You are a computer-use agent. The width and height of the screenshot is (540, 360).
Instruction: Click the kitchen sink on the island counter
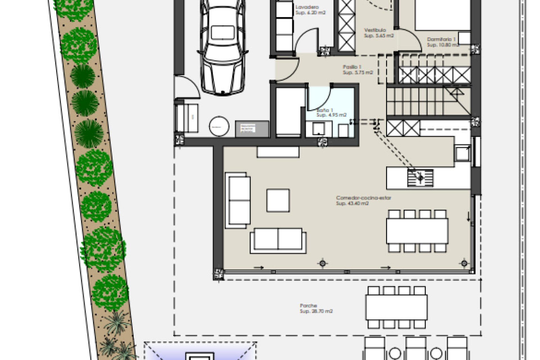[x=420, y=178]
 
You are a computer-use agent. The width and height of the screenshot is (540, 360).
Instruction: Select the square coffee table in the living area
[x=278, y=200]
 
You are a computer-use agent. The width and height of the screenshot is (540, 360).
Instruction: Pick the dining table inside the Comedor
[x=417, y=231]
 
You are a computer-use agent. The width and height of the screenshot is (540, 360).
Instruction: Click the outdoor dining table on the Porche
[x=396, y=307]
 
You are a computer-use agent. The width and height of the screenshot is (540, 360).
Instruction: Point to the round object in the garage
[x=219, y=127]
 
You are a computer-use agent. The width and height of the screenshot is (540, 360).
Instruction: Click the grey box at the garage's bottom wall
[x=252, y=129]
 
